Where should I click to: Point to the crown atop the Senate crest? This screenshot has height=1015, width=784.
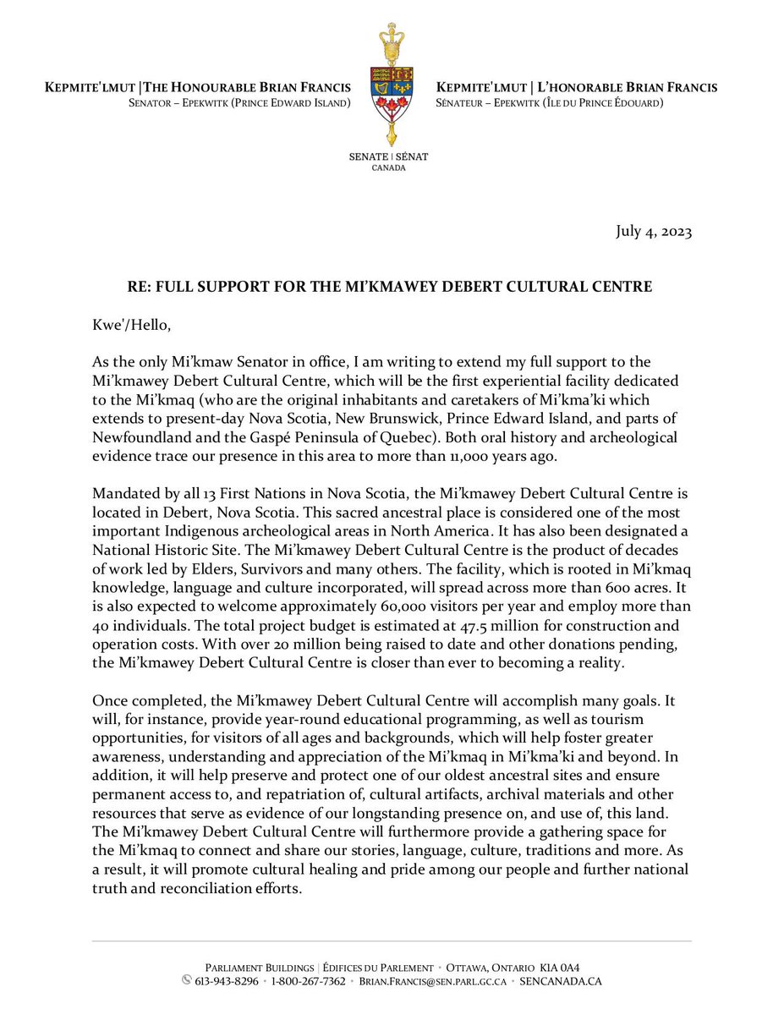[x=392, y=38]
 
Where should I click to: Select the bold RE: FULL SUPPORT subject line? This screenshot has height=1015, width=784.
[x=392, y=287]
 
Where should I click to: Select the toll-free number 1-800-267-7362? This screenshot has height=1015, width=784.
[x=308, y=982]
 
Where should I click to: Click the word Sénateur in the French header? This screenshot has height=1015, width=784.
[x=465, y=103]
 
